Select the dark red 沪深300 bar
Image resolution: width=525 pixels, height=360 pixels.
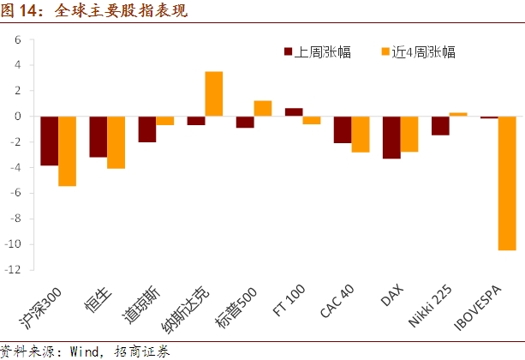49,141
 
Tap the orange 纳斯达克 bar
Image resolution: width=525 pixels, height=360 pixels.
214,93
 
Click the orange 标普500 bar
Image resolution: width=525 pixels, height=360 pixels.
263,108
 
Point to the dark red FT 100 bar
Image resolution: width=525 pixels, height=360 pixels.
294,111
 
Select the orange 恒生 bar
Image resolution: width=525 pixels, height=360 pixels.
116,141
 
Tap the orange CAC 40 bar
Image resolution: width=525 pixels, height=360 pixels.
361,134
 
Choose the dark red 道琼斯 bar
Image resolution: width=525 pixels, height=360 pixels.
147,129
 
